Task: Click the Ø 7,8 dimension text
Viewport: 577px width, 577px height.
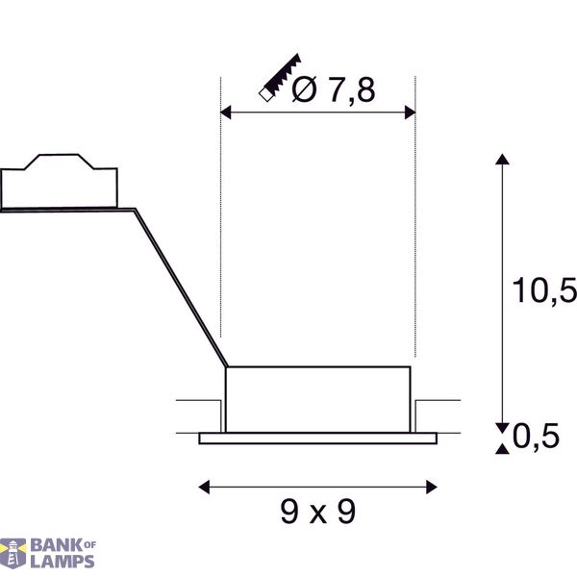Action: [334, 89]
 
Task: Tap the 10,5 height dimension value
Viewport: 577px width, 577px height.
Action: [544, 290]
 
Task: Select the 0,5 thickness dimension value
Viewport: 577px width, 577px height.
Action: [536, 436]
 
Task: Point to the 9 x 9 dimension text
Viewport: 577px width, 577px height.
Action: [318, 512]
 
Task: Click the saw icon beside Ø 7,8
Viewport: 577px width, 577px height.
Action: [280, 78]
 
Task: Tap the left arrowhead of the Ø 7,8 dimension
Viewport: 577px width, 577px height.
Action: [226, 113]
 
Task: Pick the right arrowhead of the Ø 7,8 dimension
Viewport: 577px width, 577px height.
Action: [410, 113]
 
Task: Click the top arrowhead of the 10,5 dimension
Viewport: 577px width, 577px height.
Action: [502, 159]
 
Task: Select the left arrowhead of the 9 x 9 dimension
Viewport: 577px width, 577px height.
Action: [204, 487]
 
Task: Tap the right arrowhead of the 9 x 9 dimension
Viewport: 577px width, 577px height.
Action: [432, 487]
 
